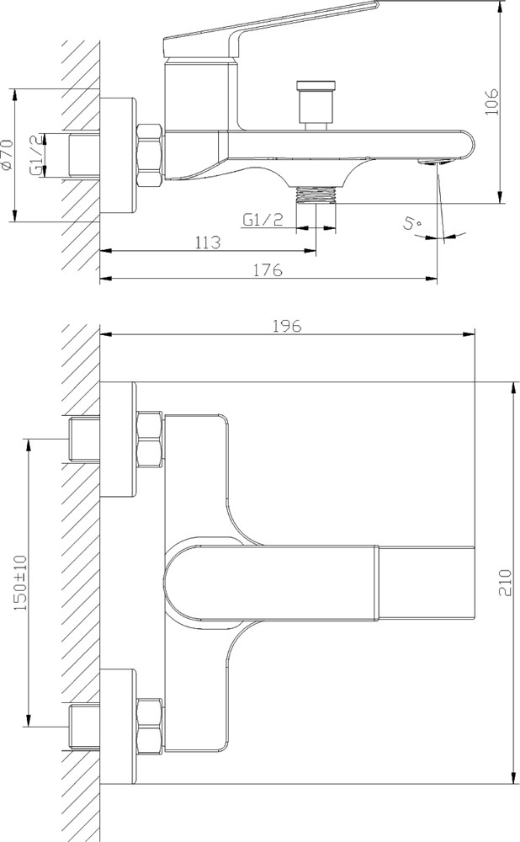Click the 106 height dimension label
pyautogui.click(x=491, y=102)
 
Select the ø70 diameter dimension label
pyautogui.click(x=7, y=155)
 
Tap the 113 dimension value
pyautogui.click(x=208, y=242)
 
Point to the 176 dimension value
pyautogui.click(x=268, y=270)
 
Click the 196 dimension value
pyautogui.click(x=287, y=325)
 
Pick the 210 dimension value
pyautogui.click(x=506, y=582)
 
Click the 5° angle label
pyautogui.click(x=413, y=223)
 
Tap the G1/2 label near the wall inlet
pyautogui.click(x=36, y=155)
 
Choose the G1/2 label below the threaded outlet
pyautogui.click(x=263, y=220)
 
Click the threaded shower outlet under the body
pyautogui.click(x=316, y=194)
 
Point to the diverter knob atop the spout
pyautogui.click(x=318, y=105)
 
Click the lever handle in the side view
pyautogui.click(x=271, y=29)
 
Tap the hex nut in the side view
pyautogui.click(x=151, y=155)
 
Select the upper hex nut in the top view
pyautogui.click(x=151, y=440)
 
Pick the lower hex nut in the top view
pyautogui.click(x=151, y=727)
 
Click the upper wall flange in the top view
pyautogui.click(x=118, y=440)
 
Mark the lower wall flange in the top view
pyautogui.click(x=118, y=727)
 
